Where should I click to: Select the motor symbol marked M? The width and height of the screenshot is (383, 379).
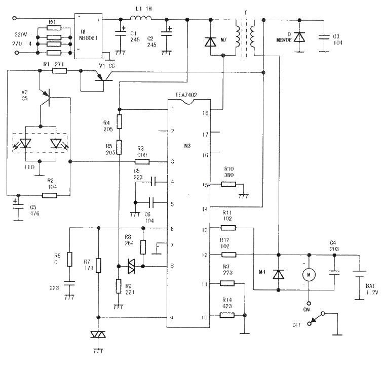click(x=309, y=274)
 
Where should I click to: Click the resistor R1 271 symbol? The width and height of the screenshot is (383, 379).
click(x=60, y=71)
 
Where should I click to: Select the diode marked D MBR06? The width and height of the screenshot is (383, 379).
click(x=299, y=36)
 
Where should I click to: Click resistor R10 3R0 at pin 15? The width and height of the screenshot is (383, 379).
click(x=227, y=185)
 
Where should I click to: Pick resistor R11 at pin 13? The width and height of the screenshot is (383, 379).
click(x=227, y=228)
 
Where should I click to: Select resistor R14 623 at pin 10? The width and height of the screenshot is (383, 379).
click(x=227, y=315)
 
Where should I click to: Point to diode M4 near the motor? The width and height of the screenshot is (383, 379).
click(x=278, y=274)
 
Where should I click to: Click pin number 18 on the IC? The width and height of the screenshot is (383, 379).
click(x=205, y=113)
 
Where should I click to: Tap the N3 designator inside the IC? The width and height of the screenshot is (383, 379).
click(x=187, y=146)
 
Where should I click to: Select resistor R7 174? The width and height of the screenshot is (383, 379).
click(x=99, y=265)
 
